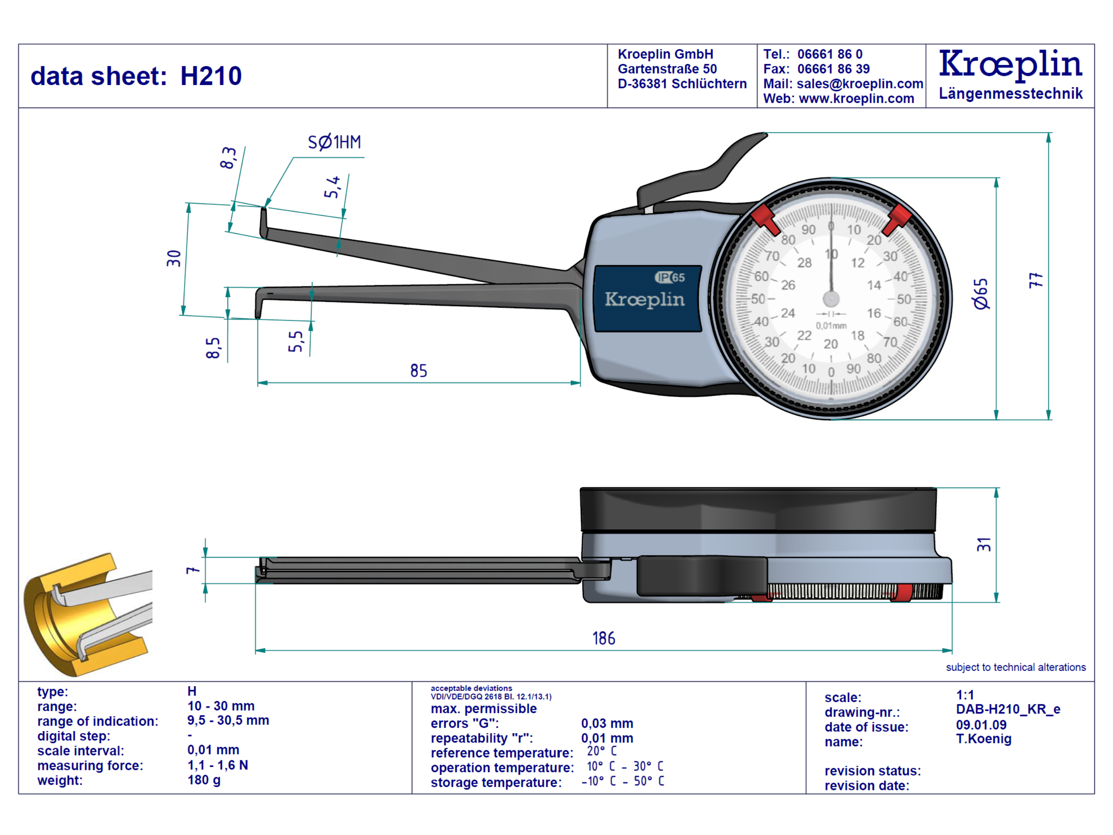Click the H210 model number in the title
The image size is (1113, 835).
tap(211, 76)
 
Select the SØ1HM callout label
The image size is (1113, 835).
tap(334, 142)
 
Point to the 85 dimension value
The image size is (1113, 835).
tap(418, 371)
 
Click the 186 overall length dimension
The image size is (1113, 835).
tap(603, 638)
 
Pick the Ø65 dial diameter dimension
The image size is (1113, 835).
tap(980, 294)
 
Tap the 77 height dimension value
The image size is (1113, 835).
tap(1035, 280)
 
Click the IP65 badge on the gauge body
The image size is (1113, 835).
tap(670, 277)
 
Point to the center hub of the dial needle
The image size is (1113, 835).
tap(831, 299)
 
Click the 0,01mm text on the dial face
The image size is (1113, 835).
tap(831, 326)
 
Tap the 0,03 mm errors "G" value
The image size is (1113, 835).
tap(607, 723)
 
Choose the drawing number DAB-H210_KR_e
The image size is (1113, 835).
tap(1008, 709)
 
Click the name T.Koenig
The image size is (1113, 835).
tap(983, 739)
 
